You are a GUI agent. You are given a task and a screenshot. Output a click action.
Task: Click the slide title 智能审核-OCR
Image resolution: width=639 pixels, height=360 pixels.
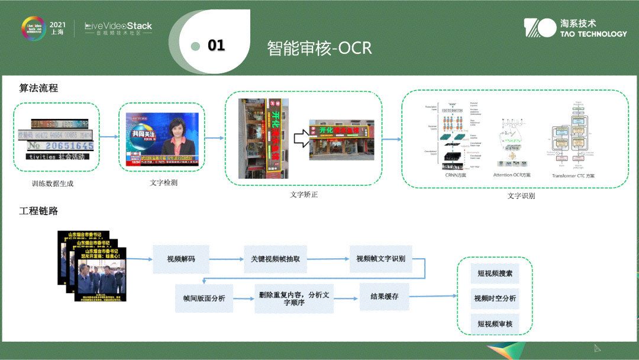[319, 47]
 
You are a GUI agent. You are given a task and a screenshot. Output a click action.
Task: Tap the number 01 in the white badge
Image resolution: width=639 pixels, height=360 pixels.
[217, 46]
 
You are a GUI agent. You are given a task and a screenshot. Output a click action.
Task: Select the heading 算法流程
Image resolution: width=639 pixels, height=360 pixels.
[38, 88]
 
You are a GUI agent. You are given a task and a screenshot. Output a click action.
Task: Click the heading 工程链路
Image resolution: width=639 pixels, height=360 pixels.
[38, 211]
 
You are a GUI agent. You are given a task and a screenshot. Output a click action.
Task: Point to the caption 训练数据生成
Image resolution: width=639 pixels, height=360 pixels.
[53, 184]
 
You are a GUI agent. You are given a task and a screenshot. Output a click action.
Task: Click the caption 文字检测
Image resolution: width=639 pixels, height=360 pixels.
[163, 182]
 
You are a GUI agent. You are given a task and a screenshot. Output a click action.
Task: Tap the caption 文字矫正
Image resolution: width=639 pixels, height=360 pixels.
[304, 195]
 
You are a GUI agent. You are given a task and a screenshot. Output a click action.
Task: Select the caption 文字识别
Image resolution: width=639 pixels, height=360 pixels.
[521, 195]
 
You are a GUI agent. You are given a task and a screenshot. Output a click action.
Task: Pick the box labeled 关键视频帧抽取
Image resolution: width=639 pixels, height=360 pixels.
[276, 259]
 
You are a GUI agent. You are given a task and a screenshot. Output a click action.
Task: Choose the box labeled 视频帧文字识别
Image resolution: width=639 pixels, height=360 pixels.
[380, 259]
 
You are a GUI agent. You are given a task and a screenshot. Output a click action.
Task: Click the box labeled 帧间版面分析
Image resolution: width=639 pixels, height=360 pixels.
[204, 298]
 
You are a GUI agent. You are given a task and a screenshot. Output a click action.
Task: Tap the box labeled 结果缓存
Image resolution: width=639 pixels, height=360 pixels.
[384, 296]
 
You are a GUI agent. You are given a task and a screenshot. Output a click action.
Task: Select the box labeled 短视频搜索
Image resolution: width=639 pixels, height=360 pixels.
[495, 274]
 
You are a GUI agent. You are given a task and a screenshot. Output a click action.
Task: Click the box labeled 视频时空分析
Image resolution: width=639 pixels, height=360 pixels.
[495, 298]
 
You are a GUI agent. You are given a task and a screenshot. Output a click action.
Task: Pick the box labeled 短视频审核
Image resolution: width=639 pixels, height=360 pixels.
[495, 324]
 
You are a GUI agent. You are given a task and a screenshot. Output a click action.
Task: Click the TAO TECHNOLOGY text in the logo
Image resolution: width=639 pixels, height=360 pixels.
[593, 34]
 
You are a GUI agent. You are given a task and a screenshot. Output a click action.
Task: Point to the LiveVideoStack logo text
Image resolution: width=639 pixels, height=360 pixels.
[118, 25]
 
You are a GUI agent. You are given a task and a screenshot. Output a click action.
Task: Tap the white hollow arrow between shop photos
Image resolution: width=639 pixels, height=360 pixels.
[300, 140]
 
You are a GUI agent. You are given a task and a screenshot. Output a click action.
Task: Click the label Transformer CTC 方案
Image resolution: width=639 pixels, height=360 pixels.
[573, 176]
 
